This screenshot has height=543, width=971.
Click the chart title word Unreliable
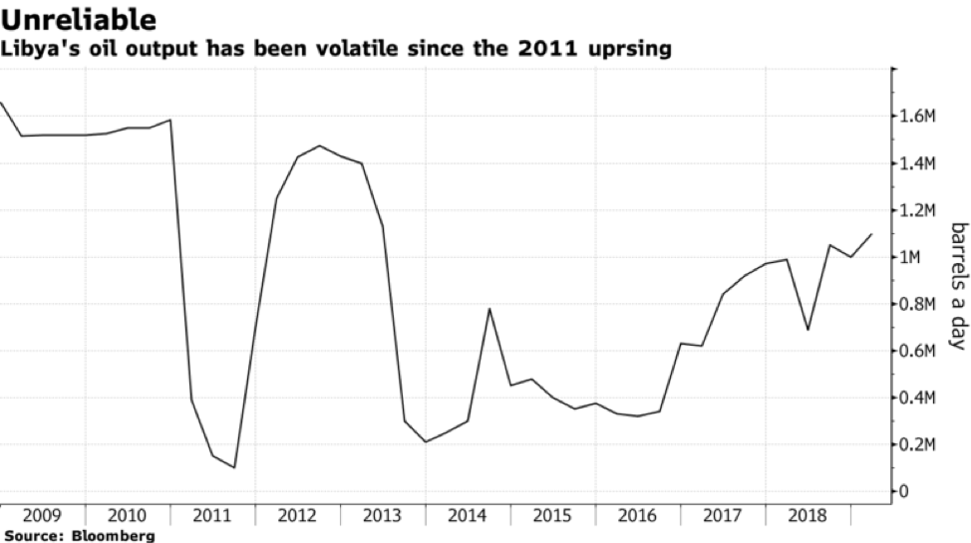pos(79,19)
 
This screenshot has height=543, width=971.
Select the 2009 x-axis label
pos(41,515)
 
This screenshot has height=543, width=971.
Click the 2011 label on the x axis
pos(211,515)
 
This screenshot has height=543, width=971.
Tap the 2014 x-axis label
pos(467,515)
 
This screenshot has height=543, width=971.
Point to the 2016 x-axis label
pos(637,515)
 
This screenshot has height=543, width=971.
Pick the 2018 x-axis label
pos(808,515)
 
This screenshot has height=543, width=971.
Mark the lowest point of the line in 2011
pos(234,467)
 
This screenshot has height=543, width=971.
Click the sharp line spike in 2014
pos(489,309)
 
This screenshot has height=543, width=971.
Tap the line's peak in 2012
pos(319,146)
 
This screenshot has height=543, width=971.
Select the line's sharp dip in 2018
pos(808,330)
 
